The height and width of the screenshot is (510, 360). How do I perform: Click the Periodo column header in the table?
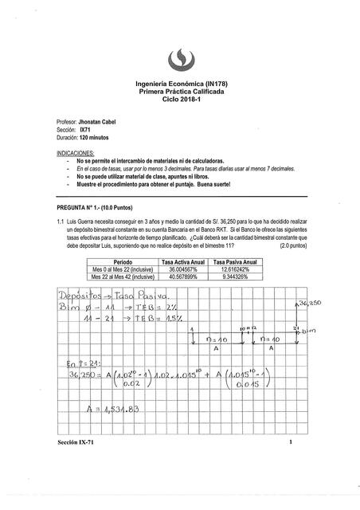click(123, 261)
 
